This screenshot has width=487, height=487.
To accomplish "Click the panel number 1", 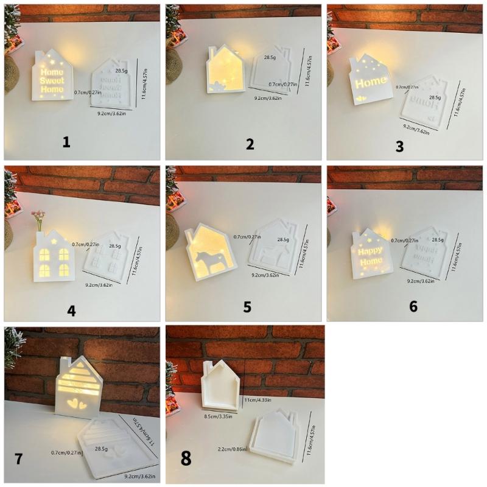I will coord(66,142).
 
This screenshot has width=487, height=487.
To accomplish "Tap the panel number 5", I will coord(247,306).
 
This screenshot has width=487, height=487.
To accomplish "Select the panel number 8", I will coord(186,458).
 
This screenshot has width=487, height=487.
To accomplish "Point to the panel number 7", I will coord(18,458).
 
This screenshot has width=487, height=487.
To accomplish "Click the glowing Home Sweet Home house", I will coord(52,76).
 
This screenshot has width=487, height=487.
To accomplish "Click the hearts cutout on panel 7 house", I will coord(77,402).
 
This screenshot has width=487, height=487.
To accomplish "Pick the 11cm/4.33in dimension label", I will coord(258,401).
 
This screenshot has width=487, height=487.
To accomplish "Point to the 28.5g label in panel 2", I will coord(270,57).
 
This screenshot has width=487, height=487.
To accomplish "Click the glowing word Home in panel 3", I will coord(370,82).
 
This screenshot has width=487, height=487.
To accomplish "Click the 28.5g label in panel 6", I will coord(437,240).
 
